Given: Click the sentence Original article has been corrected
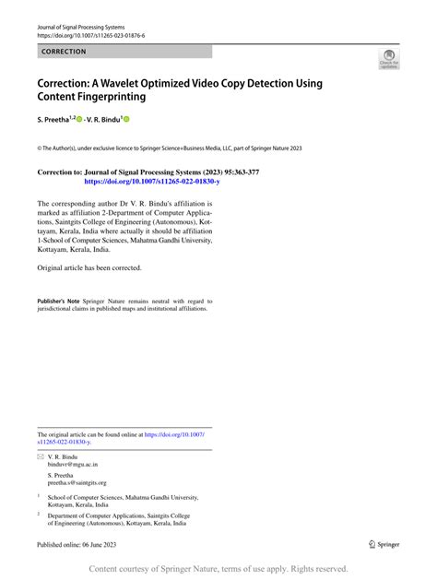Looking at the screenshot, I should [x=89, y=267].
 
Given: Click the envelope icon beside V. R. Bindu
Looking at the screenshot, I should [x=40, y=457].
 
